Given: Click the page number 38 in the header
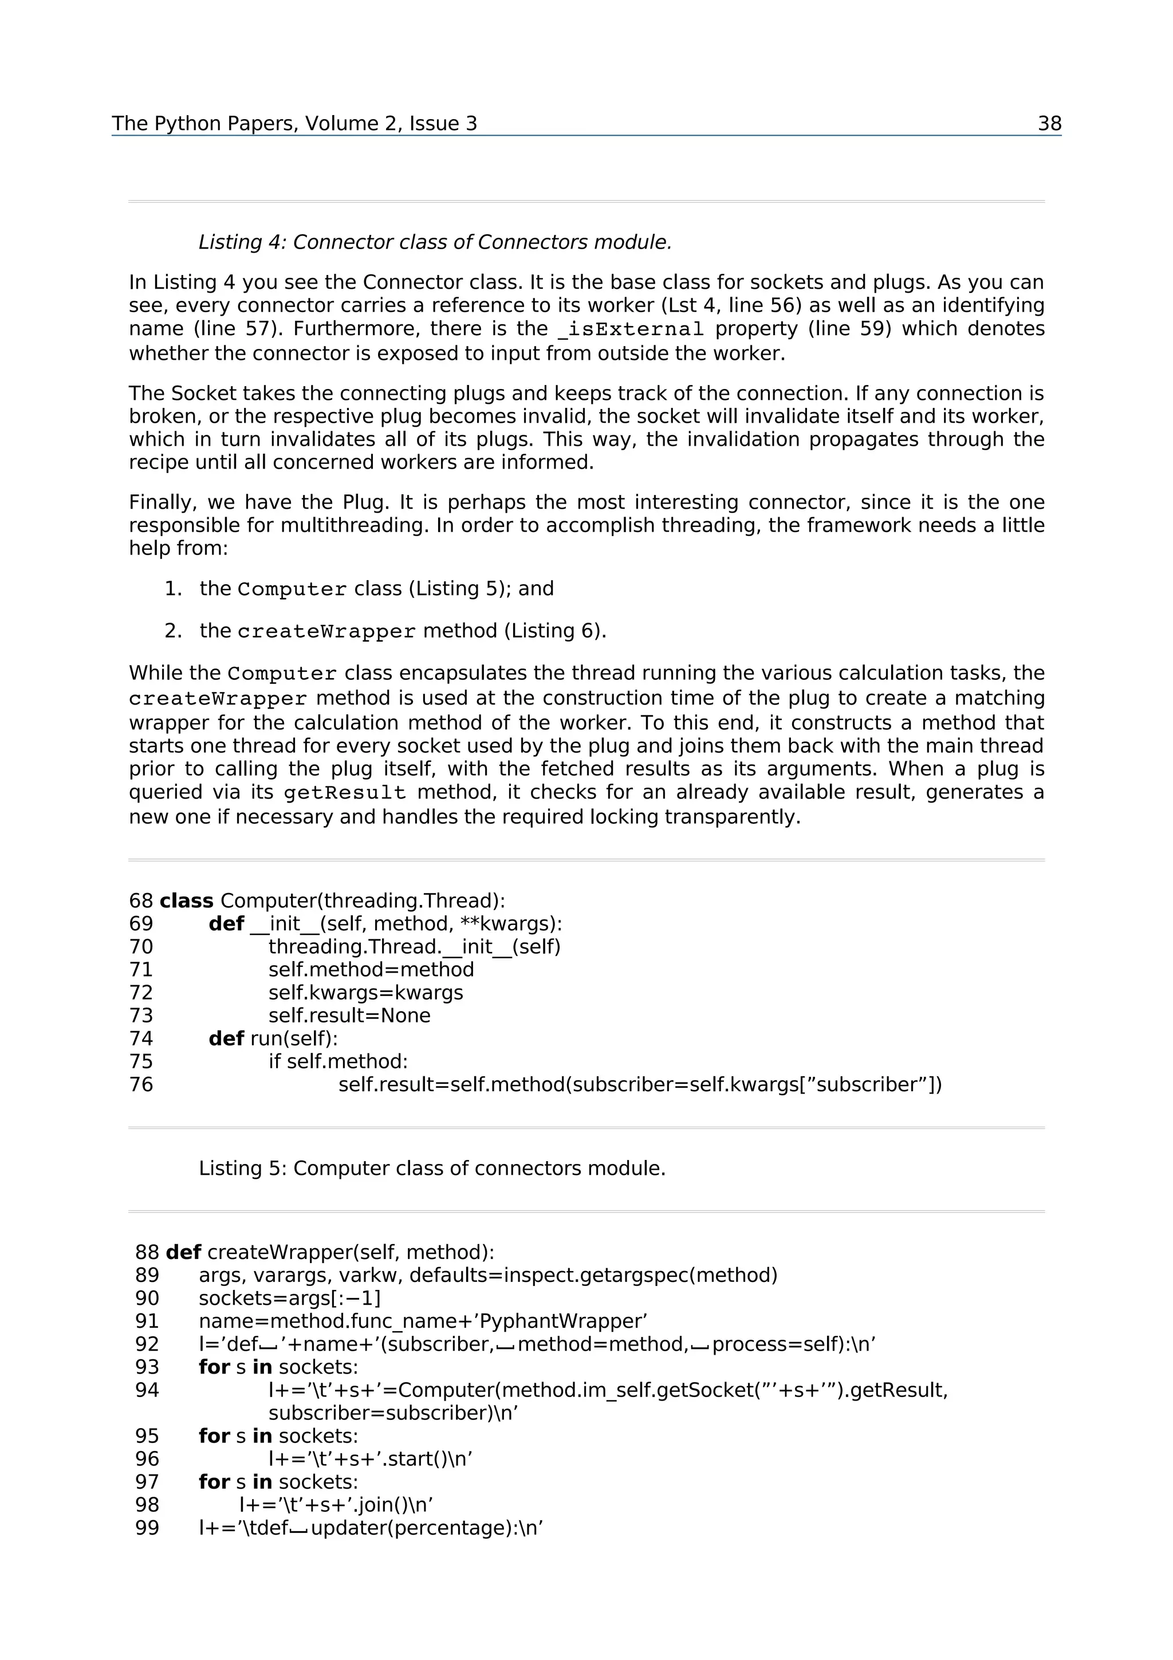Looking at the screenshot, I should [x=1049, y=124].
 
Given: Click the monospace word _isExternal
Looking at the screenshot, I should [x=630, y=330].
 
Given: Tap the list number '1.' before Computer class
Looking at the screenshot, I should [x=173, y=588].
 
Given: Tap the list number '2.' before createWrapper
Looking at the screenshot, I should [x=173, y=631].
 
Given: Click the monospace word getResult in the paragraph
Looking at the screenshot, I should [x=344, y=793].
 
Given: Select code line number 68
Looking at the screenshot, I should [x=141, y=901].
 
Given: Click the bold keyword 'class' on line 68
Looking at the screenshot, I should [x=187, y=901].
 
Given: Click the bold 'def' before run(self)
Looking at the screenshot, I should [x=226, y=1039].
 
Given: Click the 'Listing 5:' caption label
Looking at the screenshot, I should [x=243, y=1169].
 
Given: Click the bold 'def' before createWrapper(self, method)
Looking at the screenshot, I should [x=183, y=1252].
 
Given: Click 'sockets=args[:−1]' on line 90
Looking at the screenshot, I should [x=289, y=1299].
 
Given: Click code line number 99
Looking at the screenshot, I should [x=147, y=1528].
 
